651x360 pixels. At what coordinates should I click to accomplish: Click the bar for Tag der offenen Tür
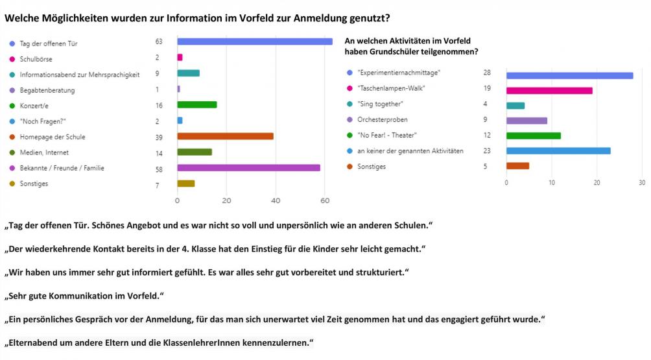point(254,42)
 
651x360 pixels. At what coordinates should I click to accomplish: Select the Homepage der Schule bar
point(225,136)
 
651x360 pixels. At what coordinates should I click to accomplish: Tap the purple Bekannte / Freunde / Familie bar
point(248,168)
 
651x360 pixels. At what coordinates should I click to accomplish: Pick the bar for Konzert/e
point(197,104)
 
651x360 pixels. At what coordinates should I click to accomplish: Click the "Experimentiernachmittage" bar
point(569,75)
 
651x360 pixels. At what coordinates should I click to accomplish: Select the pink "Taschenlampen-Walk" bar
point(549,91)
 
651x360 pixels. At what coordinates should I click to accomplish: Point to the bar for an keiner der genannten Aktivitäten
point(558,151)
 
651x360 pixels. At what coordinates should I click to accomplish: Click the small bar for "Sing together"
point(515,106)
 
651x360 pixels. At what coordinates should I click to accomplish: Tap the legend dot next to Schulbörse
point(12,58)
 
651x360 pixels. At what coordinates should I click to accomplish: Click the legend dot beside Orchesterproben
point(350,120)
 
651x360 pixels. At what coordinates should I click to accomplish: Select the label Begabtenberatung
point(47,90)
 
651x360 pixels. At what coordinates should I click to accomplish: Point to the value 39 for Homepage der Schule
point(158,137)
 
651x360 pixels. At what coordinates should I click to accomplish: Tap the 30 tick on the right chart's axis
point(642,182)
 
